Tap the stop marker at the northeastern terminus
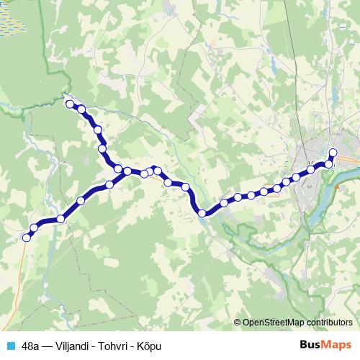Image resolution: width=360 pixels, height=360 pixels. click(333, 152)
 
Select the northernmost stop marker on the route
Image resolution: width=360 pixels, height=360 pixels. click(71, 104)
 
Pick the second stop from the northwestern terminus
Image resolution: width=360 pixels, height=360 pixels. click(81, 109)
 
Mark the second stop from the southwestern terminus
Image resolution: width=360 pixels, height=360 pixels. click(34, 228)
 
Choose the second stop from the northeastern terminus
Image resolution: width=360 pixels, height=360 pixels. click(329, 164)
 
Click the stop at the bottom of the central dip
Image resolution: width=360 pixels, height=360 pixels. click(202, 212)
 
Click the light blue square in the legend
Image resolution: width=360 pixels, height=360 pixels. click(10, 345)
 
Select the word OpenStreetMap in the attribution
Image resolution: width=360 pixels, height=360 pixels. click(274, 323)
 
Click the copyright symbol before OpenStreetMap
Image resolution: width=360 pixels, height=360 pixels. click(238, 323)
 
